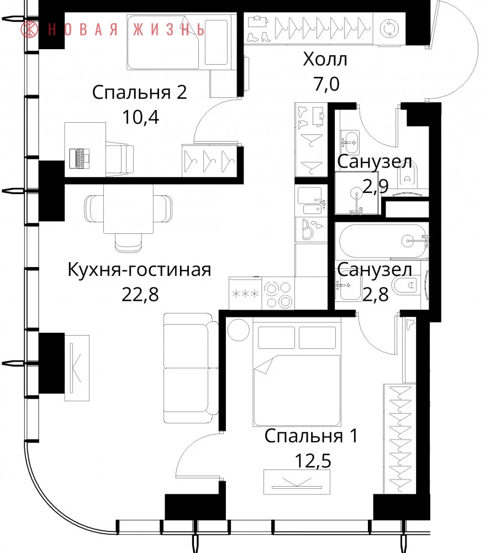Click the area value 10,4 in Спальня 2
pos(140,117)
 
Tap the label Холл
pos(325,59)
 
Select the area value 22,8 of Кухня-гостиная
pos(140,294)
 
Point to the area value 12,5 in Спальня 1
pos(313,460)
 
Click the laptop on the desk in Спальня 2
pos(80,158)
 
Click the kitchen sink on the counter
pos(312,201)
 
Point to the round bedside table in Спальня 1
pos(239,330)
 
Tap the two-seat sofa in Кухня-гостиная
pos(192,368)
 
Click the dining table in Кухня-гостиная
pos(129,209)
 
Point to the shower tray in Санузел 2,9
pos(356,193)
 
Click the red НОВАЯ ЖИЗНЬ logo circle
pos(29,29)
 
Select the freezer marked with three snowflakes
pos(245,293)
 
